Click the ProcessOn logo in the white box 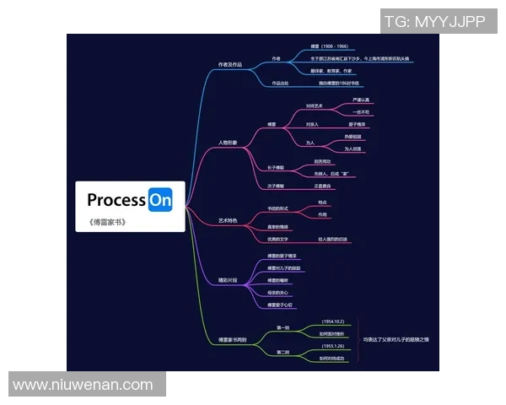(129, 200)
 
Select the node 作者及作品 (229, 64)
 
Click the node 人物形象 (228, 143)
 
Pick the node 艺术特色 (228, 220)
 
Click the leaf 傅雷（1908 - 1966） (329, 47)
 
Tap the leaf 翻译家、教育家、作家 (334, 71)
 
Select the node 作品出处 (279, 84)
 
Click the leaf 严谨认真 (361, 100)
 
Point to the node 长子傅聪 (276, 168)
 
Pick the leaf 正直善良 (322, 186)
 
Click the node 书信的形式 (278, 208)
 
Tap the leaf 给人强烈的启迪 (333, 240)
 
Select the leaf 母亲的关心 (279, 292)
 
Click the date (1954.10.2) (332, 322)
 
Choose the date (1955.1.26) (332, 346)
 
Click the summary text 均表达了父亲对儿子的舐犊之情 (396, 339)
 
